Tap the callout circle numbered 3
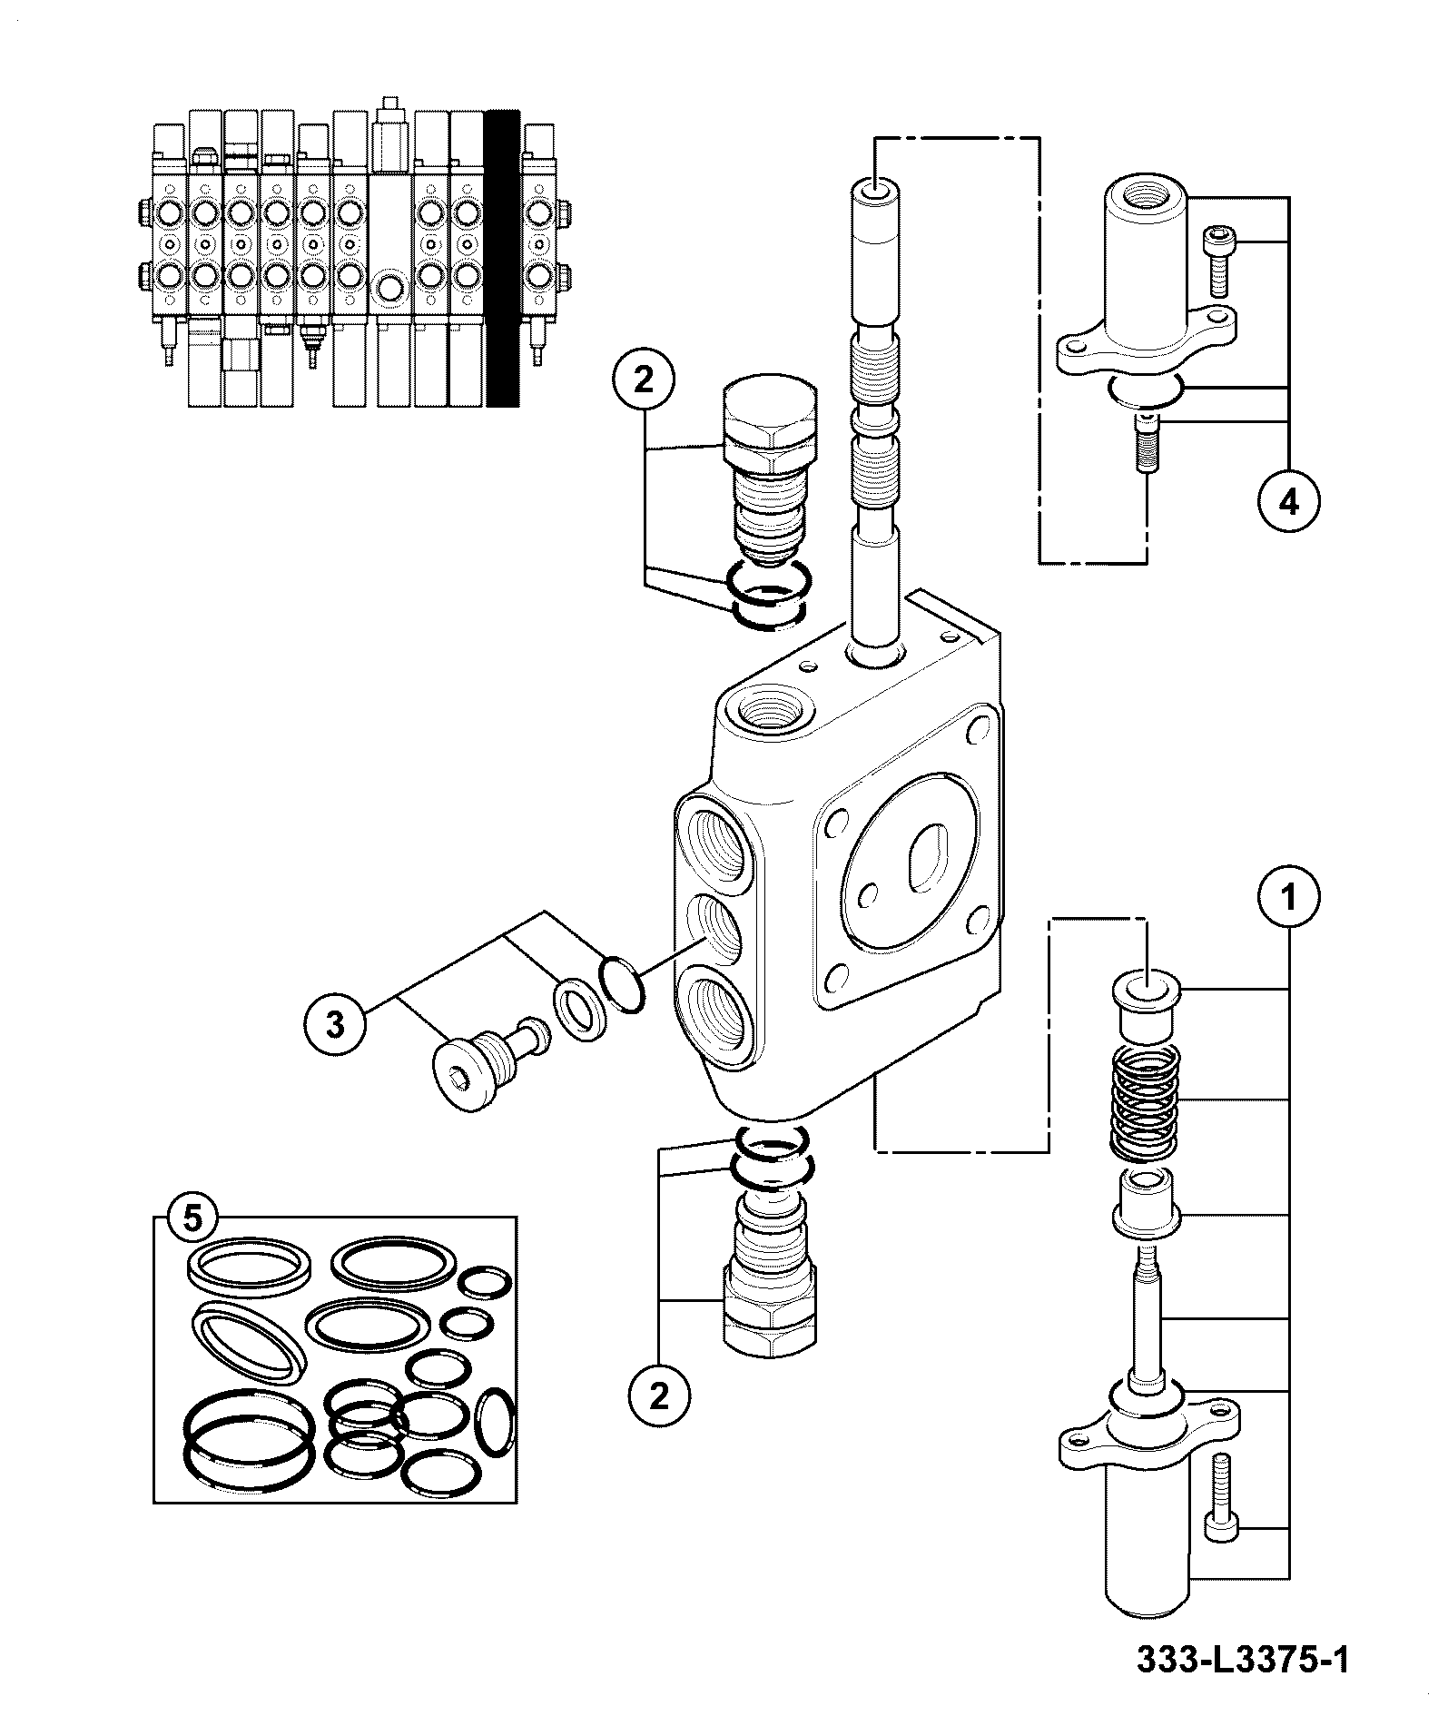[336, 1026]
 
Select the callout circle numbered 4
[1288, 501]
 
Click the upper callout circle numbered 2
[643, 380]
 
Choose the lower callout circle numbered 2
[658, 1422]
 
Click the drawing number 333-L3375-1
[1242, 1661]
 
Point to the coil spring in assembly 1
[1146, 1103]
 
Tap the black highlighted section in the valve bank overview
[502, 259]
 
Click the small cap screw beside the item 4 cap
[1217, 263]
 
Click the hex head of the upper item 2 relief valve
[770, 422]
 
